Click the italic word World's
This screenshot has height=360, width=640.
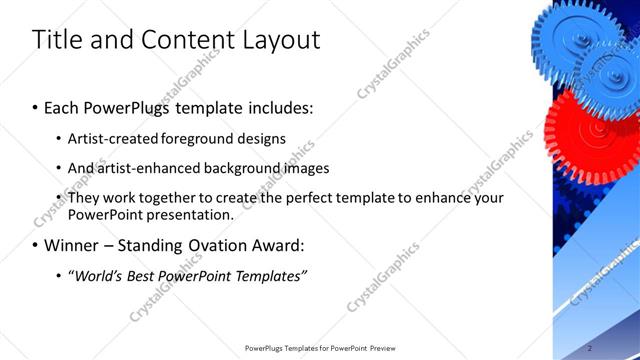[99, 275]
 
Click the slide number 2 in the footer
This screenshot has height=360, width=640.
[591, 348]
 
